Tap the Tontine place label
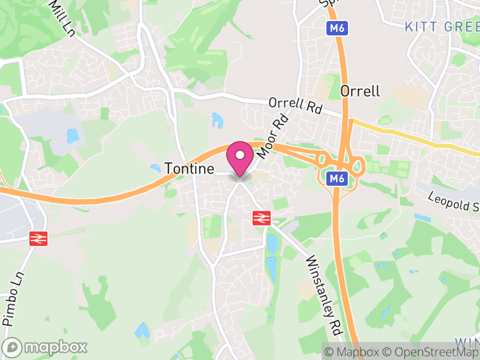pyautogui.click(x=190, y=169)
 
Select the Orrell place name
pyautogui.click(x=360, y=91)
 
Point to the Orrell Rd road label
pyautogui.click(x=296, y=106)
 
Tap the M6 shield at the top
pyautogui.click(x=337, y=28)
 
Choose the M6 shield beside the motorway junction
pyautogui.click(x=337, y=178)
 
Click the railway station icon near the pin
pyautogui.click(x=262, y=218)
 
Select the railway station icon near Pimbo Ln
pyautogui.click(x=38, y=238)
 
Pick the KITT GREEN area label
pyautogui.click(x=442, y=26)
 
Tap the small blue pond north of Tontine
pyautogui.click(x=217, y=120)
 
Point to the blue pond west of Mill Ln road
pyautogui.click(x=73, y=136)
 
